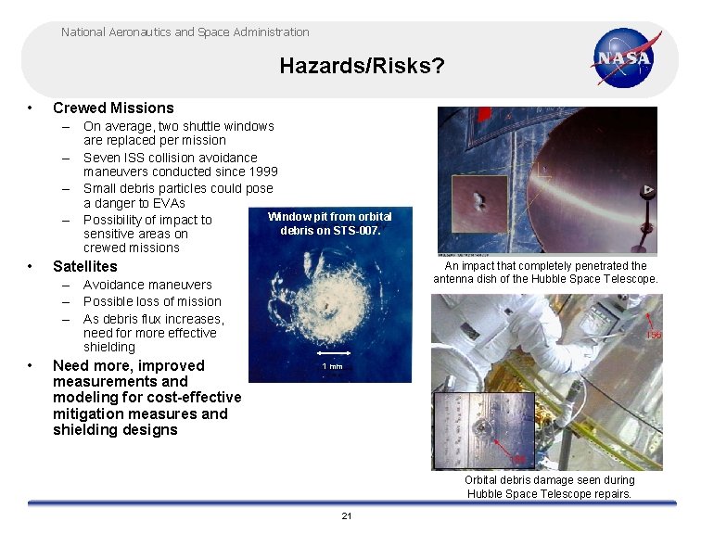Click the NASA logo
628,57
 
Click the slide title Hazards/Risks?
362,66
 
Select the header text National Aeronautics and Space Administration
185,32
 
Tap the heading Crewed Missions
113,108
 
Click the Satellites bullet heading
85,266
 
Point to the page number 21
347,515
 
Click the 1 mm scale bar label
332,366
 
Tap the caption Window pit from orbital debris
330,223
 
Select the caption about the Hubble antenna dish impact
545,273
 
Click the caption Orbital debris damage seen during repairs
549,487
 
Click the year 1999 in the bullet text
261,172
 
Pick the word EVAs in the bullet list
168,203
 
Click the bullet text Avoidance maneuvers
147,285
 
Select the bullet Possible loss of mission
152,301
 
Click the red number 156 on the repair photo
654,335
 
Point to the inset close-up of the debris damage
483,429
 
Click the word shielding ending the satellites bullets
109,347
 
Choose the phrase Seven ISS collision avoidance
171,158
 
